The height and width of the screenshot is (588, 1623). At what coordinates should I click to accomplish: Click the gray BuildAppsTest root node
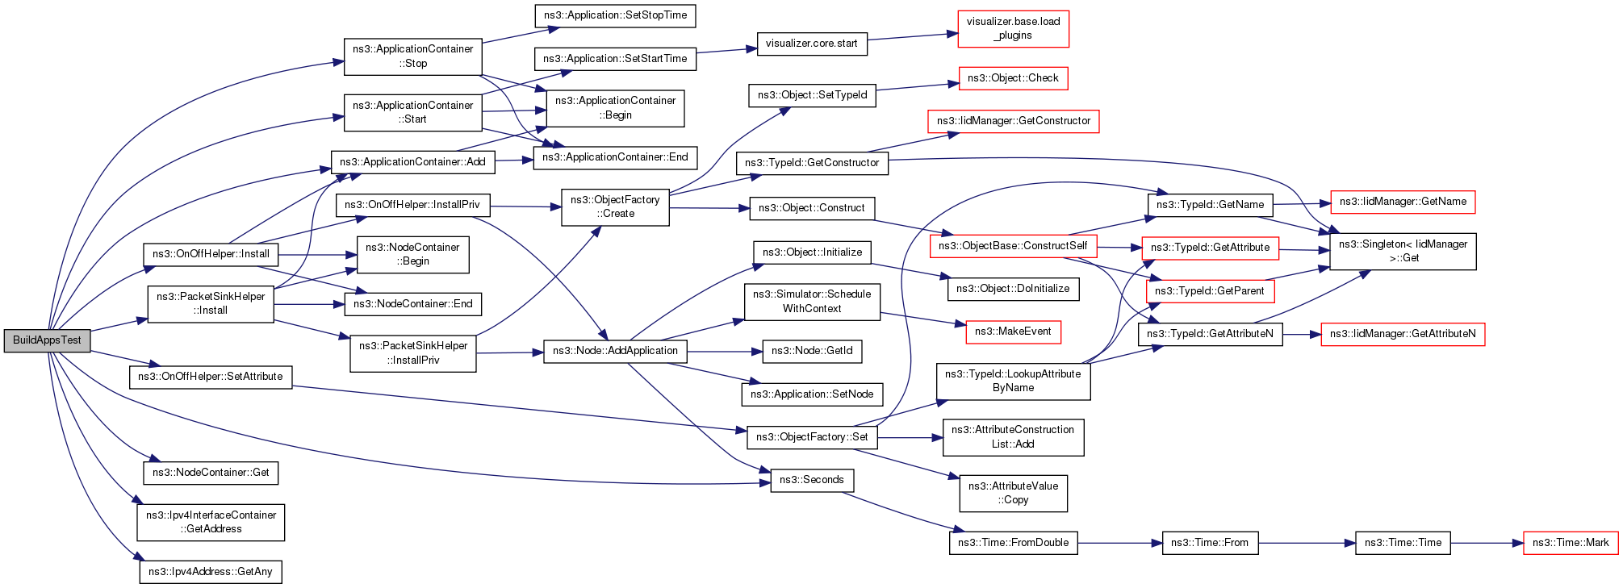[x=47, y=340]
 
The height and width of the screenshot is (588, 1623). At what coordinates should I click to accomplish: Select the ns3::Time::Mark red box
[x=1570, y=543]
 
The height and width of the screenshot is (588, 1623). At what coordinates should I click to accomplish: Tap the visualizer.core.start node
[x=811, y=44]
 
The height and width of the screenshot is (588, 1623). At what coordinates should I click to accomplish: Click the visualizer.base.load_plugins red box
[x=1013, y=29]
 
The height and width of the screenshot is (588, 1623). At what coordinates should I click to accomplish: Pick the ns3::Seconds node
[x=811, y=480]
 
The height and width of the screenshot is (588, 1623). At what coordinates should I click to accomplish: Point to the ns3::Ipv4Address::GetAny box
[x=210, y=572]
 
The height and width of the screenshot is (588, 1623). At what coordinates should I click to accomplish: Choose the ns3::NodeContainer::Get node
[x=210, y=473]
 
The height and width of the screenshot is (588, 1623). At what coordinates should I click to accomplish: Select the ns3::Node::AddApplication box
[x=615, y=351]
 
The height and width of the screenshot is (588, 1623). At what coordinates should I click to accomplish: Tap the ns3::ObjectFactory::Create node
[x=615, y=207]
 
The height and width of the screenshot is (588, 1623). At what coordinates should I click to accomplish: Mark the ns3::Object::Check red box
[x=1013, y=78]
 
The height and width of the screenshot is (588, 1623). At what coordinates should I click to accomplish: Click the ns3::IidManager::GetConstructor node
[x=1013, y=121]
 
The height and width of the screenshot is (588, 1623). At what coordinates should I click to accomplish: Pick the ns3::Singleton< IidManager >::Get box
[x=1403, y=252]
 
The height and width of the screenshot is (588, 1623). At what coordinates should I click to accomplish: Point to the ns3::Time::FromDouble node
[x=1013, y=543]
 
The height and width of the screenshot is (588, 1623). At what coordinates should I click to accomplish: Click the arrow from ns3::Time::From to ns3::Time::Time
[x=1307, y=543]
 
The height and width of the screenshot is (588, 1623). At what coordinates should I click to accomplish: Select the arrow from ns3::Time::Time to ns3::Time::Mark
[x=1487, y=543]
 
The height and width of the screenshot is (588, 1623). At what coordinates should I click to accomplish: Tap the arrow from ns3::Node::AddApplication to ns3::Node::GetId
[x=725, y=351]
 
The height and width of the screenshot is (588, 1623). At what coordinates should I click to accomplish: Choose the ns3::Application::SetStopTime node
[x=615, y=15]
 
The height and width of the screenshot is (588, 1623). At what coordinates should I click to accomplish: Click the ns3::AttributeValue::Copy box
[x=1013, y=493]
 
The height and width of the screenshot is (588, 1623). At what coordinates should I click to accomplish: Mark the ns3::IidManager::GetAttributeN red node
[x=1402, y=334]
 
